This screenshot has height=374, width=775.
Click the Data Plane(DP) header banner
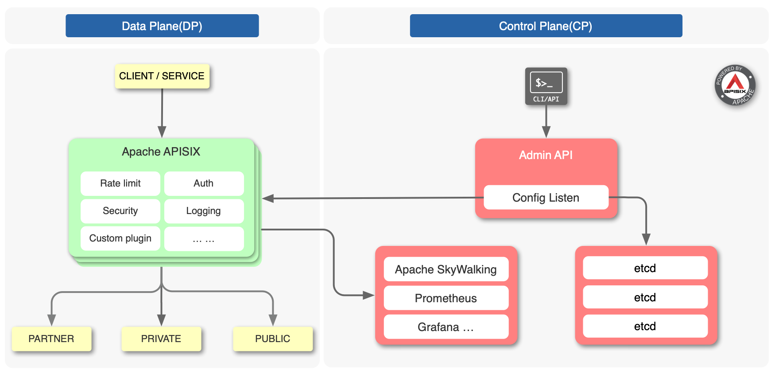[x=162, y=26]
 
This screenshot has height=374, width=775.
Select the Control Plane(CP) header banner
[x=546, y=26]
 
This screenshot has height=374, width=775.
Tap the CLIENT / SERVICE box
[x=162, y=76]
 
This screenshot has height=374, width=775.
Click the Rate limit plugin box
[x=120, y=183]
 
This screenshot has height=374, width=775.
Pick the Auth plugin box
[x=204, y=183]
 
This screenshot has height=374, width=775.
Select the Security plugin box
[x=120, y=211]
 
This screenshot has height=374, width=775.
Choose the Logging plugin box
[x=204, y=211]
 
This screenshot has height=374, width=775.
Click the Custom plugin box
[x=120, y=238]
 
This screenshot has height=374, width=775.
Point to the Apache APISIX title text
[x=161, y=152]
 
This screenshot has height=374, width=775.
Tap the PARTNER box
[x=51, y=339]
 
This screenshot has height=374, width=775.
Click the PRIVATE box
[x=161, y=339]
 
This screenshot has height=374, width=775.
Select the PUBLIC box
[x=273, y=339]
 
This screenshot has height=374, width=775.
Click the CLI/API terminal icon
[x=546, y=86]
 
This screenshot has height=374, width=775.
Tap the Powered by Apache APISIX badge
[x=735, y=86]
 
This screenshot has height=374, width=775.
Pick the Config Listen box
[x=546, y=198]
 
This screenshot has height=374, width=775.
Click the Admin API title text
[x=546, y=155]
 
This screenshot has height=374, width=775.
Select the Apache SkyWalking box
[x=446, y=269]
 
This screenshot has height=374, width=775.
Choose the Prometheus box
[x=446, y=298]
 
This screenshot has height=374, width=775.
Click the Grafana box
[x=446, y=327]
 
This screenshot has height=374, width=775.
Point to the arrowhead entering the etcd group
[x=646, y=239]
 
